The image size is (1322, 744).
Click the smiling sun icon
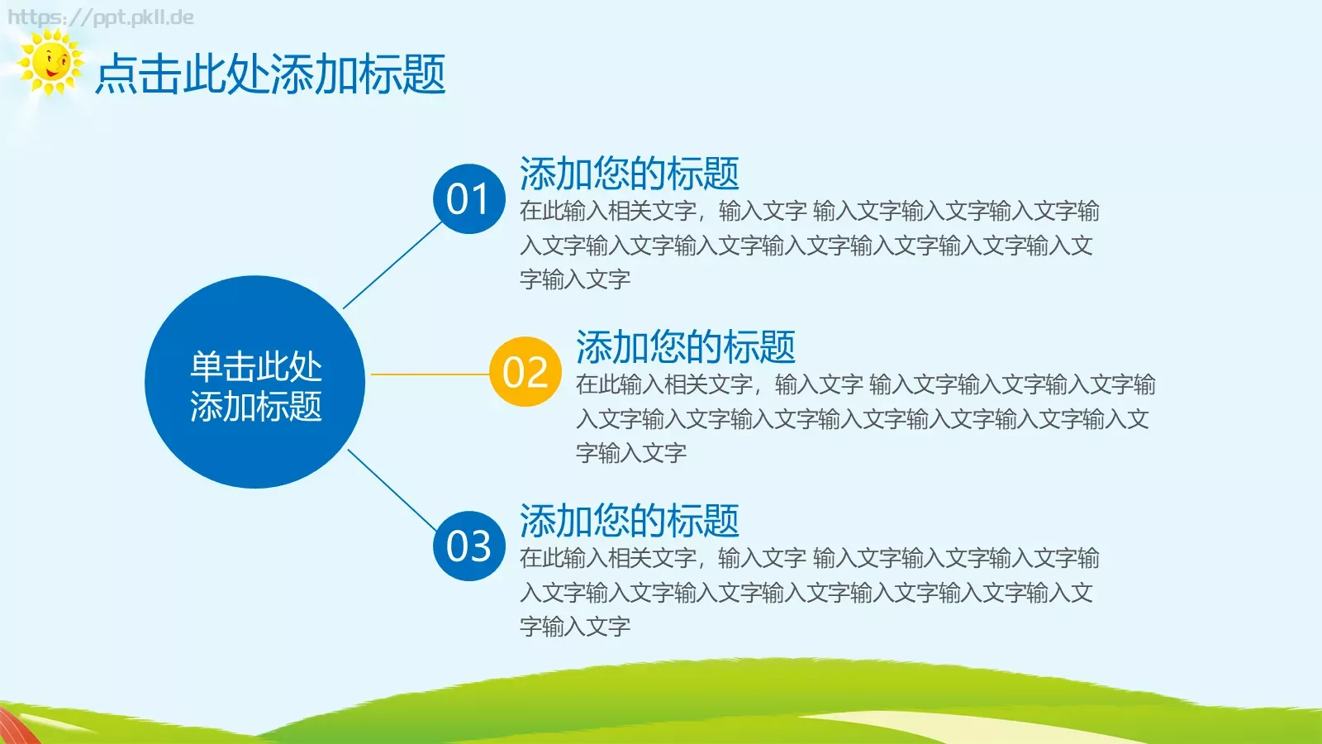[x=51, y=63]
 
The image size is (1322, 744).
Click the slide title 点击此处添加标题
[x=270, y=74]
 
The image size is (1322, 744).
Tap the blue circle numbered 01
[x=468, y=199]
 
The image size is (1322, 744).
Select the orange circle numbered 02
[x=525, y=372]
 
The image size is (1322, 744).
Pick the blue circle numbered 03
[x=468, y=546]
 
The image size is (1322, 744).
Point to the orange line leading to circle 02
[x=430, y=374]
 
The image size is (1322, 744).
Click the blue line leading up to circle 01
[x=392, y=266]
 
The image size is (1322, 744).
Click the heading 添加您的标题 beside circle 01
[x=629, y=174]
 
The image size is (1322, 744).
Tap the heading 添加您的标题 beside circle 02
[x=685, y=347]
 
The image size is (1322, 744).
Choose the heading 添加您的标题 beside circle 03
[x=629, y=521]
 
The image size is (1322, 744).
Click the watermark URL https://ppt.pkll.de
[x=101, y=17]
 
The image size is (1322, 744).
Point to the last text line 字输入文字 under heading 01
[x=575, y=279]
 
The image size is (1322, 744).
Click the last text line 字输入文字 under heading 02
[x=631, y=453]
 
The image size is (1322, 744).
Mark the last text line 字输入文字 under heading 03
[x=575, y=627]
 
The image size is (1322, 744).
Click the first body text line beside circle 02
[x=865, y=384]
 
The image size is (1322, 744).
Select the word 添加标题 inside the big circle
[x=255, y=407]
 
